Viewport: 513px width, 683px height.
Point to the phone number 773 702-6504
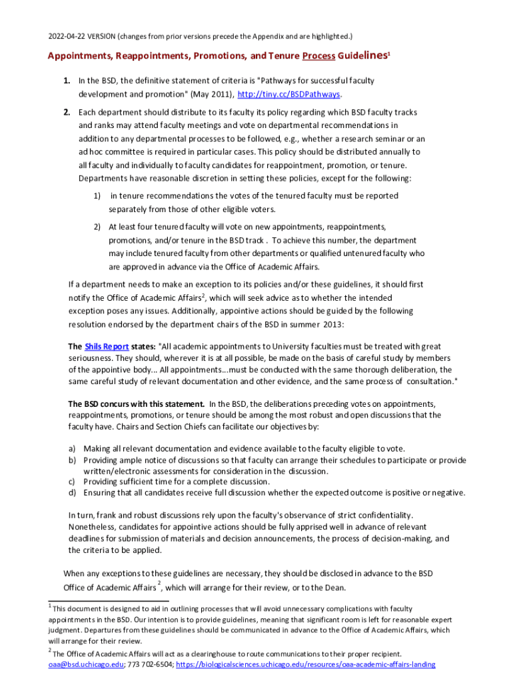[x=150, y=664]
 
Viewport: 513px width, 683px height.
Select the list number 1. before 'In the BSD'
[x=67, y=81]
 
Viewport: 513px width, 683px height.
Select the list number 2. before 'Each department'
[x=67, y=113]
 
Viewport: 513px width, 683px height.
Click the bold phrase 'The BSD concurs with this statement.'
[x=137, y=404]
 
